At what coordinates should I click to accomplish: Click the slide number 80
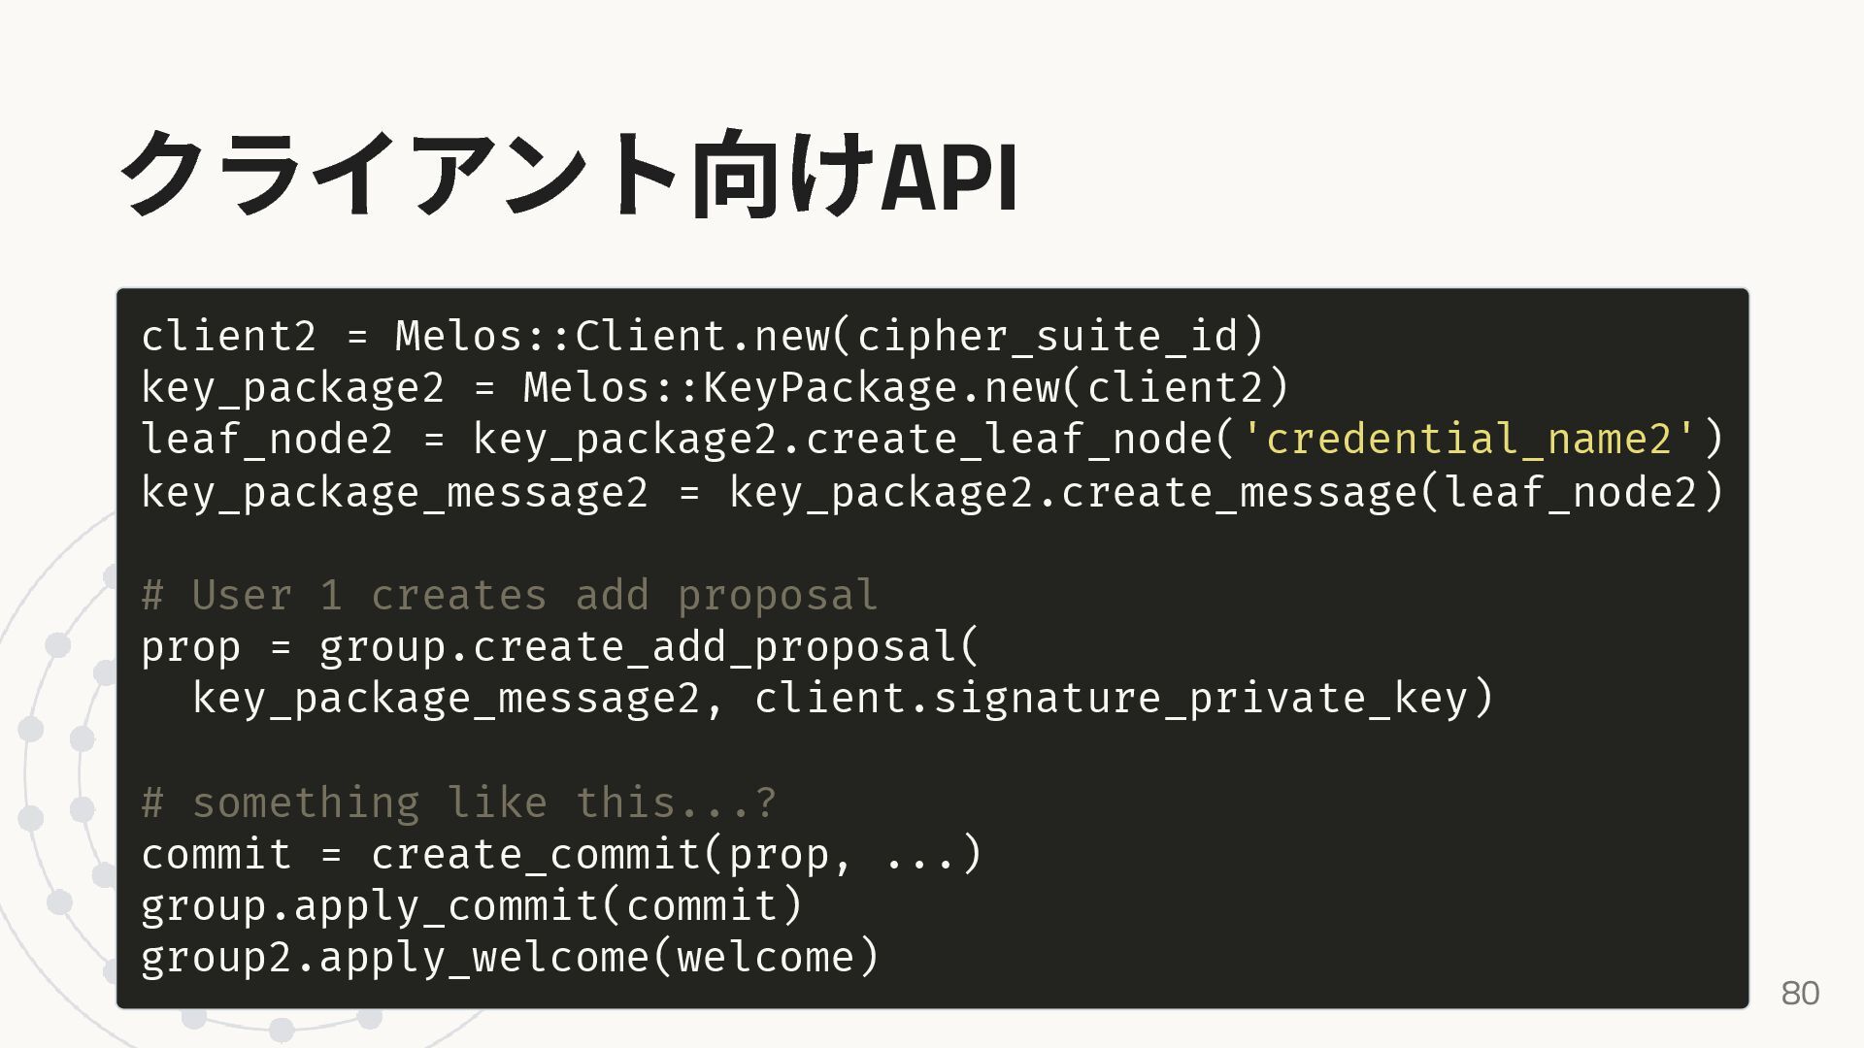pyautogui.click(x=1800, y=993)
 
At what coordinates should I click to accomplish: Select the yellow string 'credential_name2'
pyautogui.click(x=1470, y=439)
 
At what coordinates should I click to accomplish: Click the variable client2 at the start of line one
pyautogui.click(x=229, y=336)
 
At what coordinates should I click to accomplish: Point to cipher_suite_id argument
pyautogui.click(x=1048, y=336)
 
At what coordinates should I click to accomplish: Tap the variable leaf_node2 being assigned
pyautogui.click(x=267, y=439)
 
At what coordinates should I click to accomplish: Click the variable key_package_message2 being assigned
pyautogui.click(x=394, y=491)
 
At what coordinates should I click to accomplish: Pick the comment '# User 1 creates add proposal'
pyautogui.click(x=510, y=595)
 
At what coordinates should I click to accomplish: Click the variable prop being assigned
pyautogui.click(x=190, y=646)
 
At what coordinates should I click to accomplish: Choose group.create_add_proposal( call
pyautogui.click(x=649, y=646)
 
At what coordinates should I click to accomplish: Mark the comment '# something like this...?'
pyautogui.click(x=458, y=802)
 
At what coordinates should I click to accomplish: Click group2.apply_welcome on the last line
pyautogui.click(x=394, y=957)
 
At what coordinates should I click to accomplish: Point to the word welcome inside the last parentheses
pyautogui.click(x=765, y=957)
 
